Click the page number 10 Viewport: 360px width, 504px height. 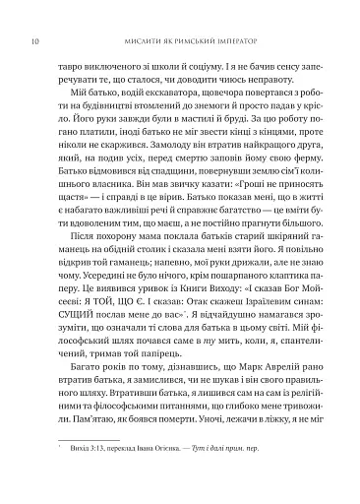pyautogui.click(x=35, y=15)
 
